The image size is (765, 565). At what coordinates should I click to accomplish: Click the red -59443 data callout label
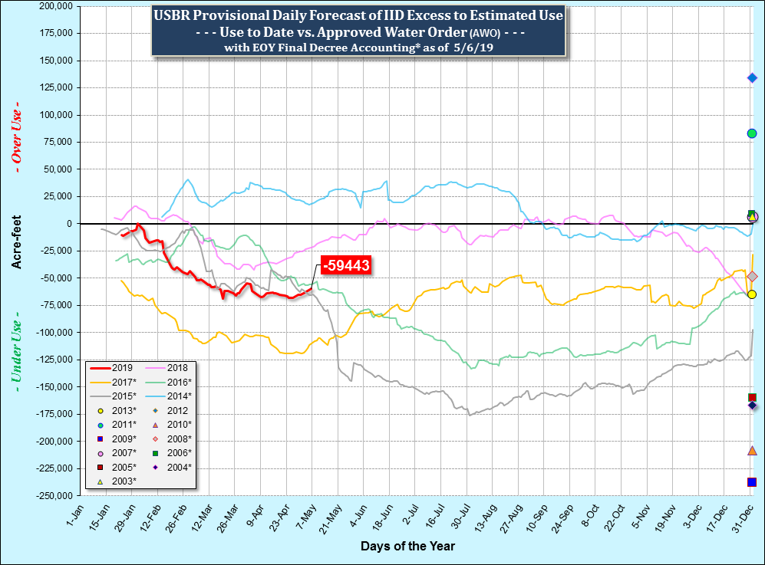[346, 266]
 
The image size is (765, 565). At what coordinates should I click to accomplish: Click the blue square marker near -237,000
[752, 482]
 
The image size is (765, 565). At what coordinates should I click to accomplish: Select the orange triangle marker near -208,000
[752, 450]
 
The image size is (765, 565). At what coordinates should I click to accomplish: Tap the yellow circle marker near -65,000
[752, 294]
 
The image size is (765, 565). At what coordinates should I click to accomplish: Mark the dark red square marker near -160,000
[752, 397]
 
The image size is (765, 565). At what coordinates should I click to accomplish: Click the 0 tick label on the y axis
[68, 224]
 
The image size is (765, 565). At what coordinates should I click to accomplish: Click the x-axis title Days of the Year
[407, 547]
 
